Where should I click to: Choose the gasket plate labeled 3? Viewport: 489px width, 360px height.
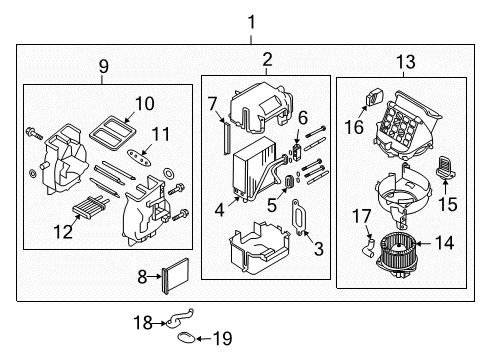pyautogui.click(x=296, y=214)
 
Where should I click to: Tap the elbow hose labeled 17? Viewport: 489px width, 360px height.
pyautogui.click(x=370, y=243)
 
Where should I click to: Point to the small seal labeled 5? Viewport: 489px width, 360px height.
pyautogui.click(x=290, y=182)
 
